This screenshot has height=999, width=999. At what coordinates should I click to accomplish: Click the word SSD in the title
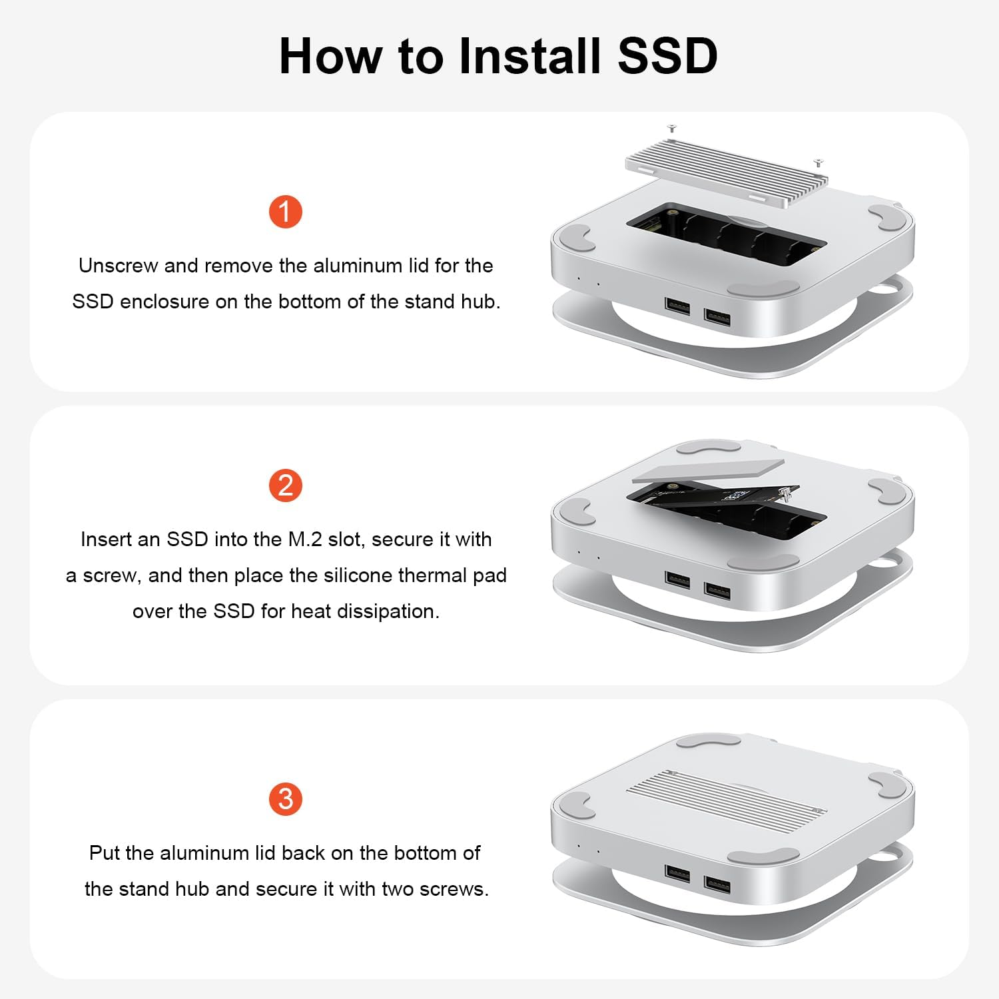[667, 56]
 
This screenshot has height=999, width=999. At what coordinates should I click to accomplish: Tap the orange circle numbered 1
[286, 212]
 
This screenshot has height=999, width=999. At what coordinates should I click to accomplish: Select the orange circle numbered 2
[286, 486]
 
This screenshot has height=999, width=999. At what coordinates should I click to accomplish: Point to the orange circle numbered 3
[286, 799]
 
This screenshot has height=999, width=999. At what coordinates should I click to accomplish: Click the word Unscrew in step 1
[119, 266]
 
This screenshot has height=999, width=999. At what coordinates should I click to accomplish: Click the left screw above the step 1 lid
[672, 127]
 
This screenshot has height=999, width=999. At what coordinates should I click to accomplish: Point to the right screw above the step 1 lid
[819, 162]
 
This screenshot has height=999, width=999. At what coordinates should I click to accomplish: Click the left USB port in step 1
[677, 306]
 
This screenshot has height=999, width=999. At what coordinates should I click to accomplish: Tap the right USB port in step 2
[717, 590]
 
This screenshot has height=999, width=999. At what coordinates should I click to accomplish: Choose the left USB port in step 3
[677, 873]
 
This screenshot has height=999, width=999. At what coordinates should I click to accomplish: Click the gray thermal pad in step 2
[707, 470]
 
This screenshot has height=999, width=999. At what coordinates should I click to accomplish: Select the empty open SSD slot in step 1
[726, 237]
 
